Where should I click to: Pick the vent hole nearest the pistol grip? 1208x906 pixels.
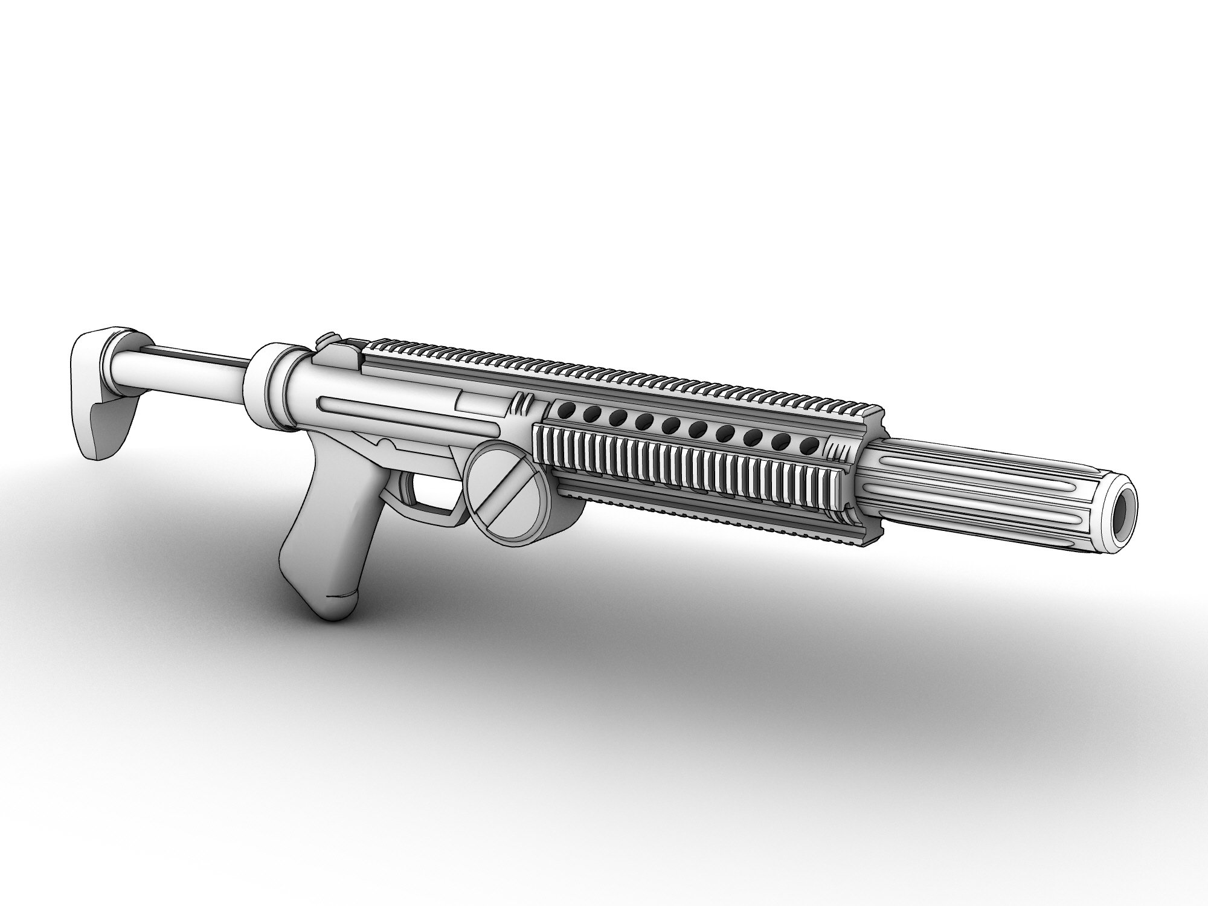[x=565, y=411]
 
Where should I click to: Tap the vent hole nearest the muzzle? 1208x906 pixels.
[x=806, y=446]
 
